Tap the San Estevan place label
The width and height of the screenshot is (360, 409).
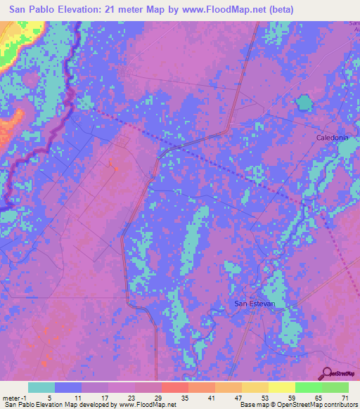tap(254, 303)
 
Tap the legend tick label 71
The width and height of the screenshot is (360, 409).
tap(345, 397)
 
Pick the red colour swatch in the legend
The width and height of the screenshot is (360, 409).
tap(174, 387)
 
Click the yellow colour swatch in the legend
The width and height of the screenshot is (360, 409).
tap(281, 387)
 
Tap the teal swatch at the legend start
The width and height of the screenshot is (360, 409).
tap(41, 387)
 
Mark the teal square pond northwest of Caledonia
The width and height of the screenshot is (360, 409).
tap(304, 103)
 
